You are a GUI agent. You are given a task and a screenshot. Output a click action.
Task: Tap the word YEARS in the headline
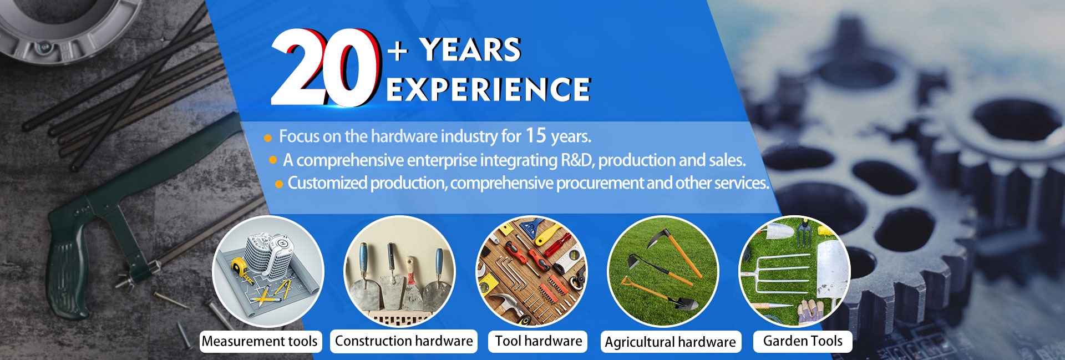[470, 50]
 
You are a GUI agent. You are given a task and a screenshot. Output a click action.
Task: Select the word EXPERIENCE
[488, 89]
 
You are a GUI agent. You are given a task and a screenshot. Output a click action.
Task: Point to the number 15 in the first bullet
[536, 135]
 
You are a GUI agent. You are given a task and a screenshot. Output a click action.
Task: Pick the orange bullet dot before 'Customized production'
[279, 184]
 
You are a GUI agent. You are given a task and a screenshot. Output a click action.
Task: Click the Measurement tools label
[260, 341]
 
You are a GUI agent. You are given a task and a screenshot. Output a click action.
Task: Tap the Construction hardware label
[404, 341]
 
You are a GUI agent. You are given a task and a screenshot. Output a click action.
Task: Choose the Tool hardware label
[539, 341]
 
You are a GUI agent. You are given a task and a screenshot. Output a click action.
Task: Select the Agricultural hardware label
[671, 342]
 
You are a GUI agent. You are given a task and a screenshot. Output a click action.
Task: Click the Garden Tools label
[803, 341]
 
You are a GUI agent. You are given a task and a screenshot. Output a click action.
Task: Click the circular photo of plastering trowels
[400, 270]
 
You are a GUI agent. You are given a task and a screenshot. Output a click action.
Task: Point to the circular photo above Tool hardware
[531, 271]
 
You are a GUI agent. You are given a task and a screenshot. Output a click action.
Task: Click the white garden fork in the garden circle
[782, 275]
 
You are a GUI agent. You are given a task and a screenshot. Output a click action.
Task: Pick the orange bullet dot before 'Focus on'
[268, 138]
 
